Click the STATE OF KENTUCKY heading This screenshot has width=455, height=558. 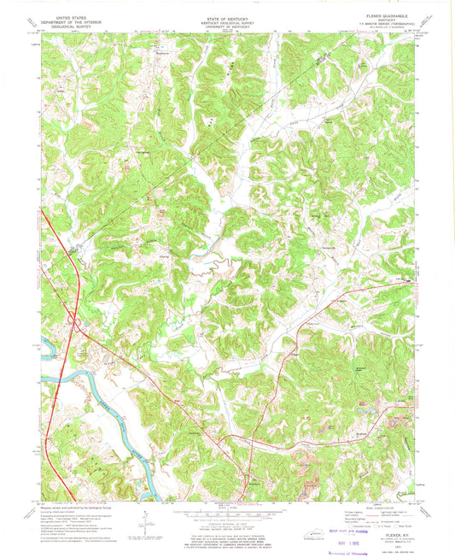click(x=227, y=16)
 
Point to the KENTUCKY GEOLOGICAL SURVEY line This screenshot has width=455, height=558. click(x=227, y=21)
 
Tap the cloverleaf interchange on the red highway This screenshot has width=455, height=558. click(x=74, y=323)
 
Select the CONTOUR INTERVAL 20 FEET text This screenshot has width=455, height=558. click(x=227, y=523)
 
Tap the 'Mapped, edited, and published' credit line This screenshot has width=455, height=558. click(x=68, y=506)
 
